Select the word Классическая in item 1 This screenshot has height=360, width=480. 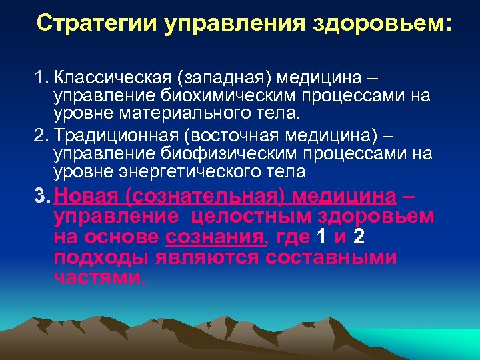pos(114,79)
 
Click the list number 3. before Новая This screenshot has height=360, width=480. pos(43,197)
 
